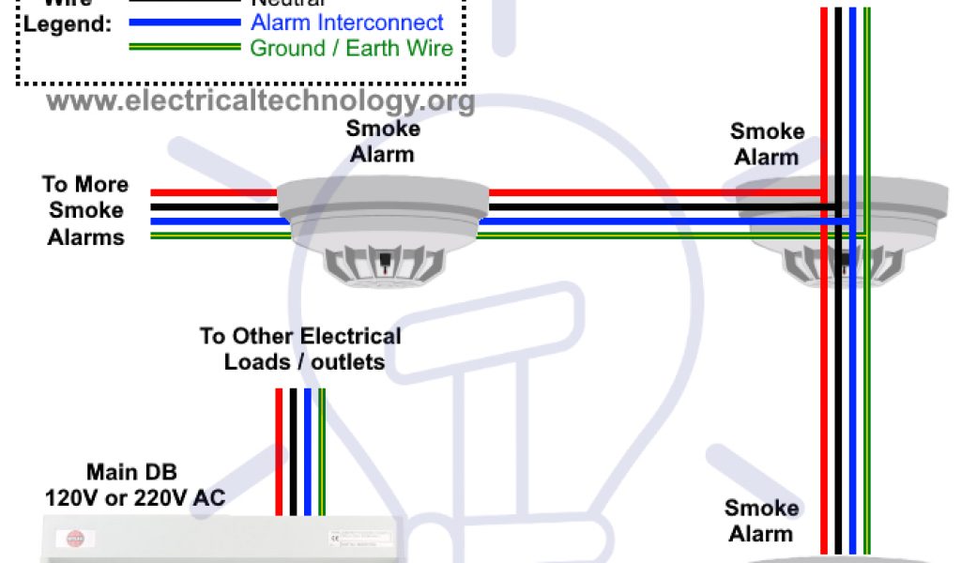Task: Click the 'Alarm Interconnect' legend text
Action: (x=346, y=22)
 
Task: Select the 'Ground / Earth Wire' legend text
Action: (x=351, y=48)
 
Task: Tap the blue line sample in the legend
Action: (x=184, y=22)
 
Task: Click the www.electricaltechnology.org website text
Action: (x=260, y=99)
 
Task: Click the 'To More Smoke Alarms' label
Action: (x=85, y=210)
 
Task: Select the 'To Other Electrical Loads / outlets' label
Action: (x=299, y=348)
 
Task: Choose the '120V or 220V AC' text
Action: (x=136, y=497)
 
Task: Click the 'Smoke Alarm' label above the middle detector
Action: (x=382, y=141)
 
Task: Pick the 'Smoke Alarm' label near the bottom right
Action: (x=761, y=521)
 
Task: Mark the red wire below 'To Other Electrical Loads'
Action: (x=279, y=450)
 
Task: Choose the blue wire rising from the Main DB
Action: (x=307, y=450)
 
